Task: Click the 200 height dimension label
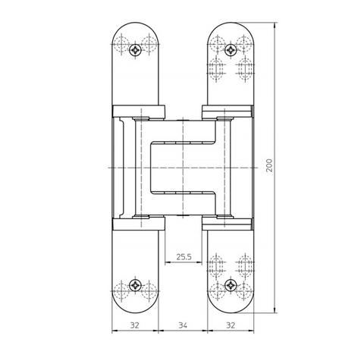(270, 165)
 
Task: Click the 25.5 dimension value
(184, 257)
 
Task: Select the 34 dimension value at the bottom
(183, 325)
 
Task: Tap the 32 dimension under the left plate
(135, 325)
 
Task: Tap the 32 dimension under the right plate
(231, 325)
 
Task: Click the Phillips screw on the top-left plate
(136, 50)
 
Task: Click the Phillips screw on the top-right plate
(231, 50)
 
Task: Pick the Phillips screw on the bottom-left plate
(136, 286)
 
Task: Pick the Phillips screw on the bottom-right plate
(231, 286)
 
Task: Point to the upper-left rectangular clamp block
(139, 111)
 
